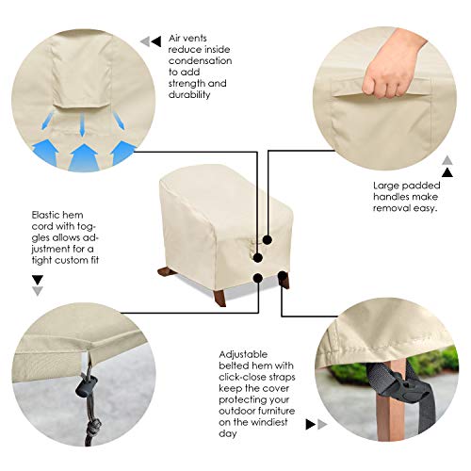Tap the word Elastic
(45, 214)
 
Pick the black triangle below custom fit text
(38, 280)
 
